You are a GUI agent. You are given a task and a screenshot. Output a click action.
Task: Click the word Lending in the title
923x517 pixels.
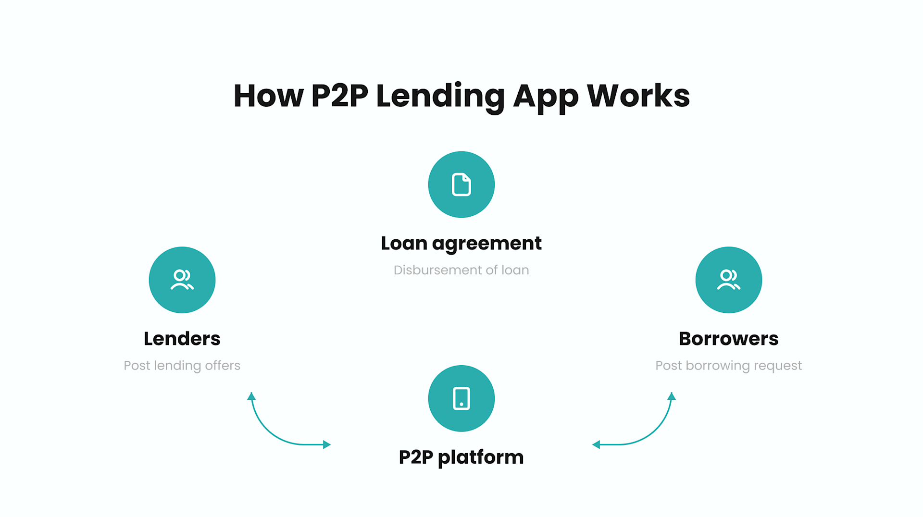440,96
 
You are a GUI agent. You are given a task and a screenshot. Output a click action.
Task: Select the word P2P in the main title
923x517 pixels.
339,96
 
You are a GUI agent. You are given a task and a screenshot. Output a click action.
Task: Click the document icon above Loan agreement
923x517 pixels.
461,185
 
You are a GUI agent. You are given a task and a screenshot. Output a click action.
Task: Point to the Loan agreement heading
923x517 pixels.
461,244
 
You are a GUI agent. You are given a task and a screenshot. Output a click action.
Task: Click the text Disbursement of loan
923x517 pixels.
461,270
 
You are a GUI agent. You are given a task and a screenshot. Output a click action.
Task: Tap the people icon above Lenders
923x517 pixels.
182,280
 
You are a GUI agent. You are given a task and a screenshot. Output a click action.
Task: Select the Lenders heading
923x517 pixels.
182,339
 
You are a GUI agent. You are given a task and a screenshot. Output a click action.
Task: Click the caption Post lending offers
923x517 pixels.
182,366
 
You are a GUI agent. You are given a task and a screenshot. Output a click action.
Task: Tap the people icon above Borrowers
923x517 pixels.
729,280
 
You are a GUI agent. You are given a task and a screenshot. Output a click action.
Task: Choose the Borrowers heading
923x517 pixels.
729,339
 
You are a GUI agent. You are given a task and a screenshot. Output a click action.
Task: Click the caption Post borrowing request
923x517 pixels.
729,366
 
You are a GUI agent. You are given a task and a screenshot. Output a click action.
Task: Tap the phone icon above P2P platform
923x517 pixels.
461,398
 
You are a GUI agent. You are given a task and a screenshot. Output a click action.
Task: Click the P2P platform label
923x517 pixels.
461,457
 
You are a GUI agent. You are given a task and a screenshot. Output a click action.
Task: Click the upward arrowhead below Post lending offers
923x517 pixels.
251,396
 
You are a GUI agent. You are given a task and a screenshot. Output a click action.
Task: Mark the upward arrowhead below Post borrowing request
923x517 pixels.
672,396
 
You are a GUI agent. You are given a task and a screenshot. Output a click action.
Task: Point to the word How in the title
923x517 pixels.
268,96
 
